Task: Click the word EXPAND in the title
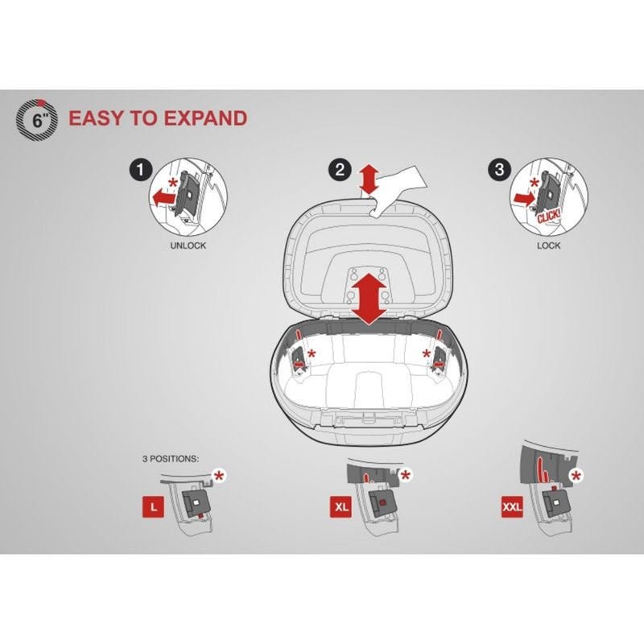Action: click(x=206, y=118)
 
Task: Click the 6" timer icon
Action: click(x=37, y=119)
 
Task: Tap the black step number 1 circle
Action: click(x=140, y=170)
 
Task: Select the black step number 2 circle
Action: click(x=340, y=170)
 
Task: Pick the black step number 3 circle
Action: click(x=499, y=170)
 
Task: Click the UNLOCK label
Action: click(x=188, y=246)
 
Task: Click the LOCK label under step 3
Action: click(x=549, y=246)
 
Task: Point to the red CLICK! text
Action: click(x=549, y=216)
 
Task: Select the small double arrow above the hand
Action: click(x=369, y=180)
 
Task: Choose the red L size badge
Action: click(x=153, y=507)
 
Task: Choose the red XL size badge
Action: click(x=341, y=507)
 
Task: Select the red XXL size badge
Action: click(x=512, y=507)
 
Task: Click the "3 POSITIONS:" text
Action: click(x=171, y=459)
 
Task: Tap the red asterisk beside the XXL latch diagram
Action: click(x=576, y=476)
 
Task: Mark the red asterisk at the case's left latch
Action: click(x=312, y=353)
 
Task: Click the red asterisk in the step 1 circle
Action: click(x=174, y=183)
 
